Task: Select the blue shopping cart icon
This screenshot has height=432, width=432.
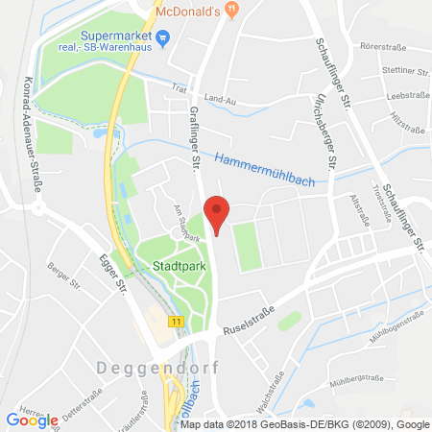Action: [162, 39]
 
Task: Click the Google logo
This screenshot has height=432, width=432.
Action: [33, 420]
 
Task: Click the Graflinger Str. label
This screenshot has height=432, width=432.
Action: [191, 133]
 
